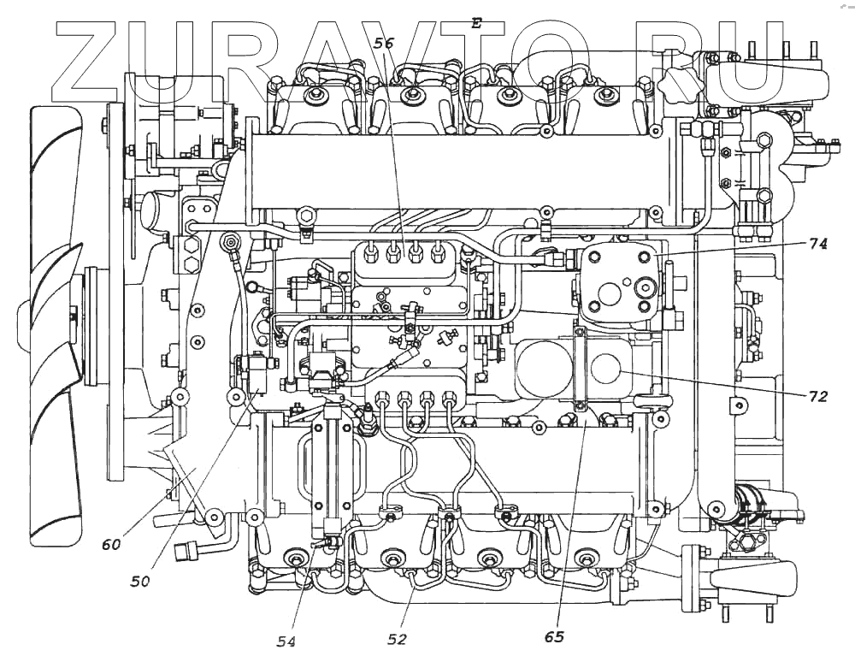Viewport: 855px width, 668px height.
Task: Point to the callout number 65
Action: point(555,636)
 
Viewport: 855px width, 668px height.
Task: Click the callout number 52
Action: point(397,638)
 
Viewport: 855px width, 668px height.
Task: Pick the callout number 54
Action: point(286,641)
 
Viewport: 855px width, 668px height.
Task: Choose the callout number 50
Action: point(140,581)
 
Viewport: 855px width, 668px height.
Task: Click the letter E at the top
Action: point(476,24)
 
